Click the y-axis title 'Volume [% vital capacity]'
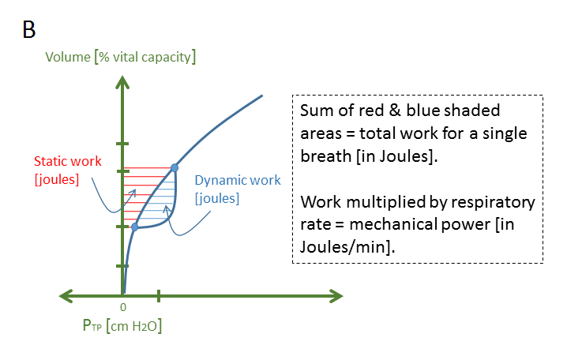[x=121, y=57]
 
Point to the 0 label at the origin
[x=123, y=306]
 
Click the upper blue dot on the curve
[x=175, y=167]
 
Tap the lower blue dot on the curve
[x=135, y=227]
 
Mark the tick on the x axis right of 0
[x=159, y=296]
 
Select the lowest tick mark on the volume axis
[x=122, y=266]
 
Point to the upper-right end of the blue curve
[x=261, y=96]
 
